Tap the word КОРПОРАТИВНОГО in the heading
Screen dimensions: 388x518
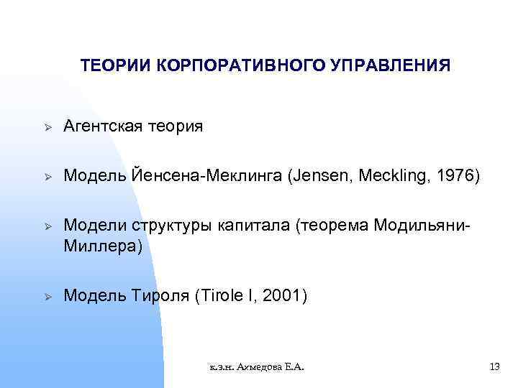point(237,66)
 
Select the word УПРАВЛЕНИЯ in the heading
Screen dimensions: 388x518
point(391,66)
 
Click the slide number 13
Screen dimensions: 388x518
point(494,367)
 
